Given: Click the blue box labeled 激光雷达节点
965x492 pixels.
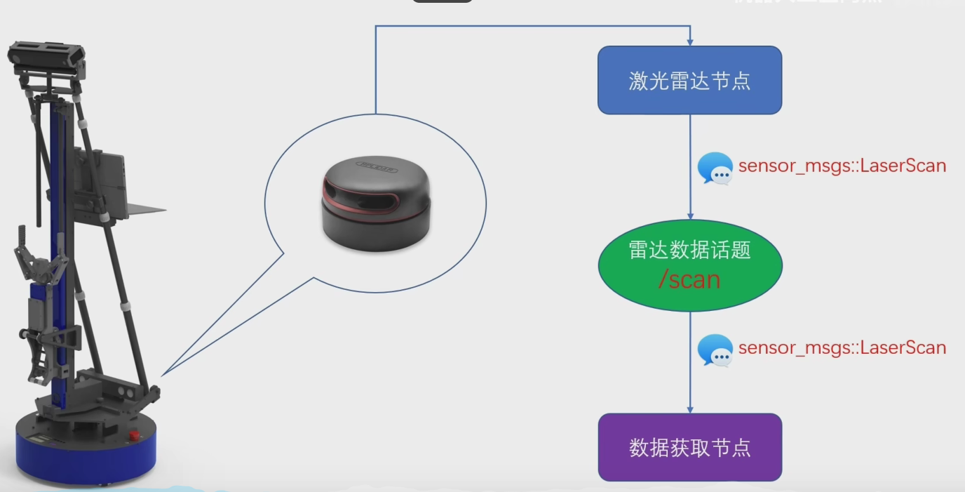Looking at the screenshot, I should click(x=689, y=80).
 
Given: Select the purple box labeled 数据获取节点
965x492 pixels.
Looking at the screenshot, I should click(x=689, y=447).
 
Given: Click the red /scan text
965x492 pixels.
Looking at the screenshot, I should click(x=689, y=279).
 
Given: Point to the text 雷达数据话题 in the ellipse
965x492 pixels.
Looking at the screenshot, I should click(x=689, y=250).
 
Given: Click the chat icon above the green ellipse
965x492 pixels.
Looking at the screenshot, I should click(x=715, y=168).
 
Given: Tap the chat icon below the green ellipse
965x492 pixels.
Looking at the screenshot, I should click(x=715, y=350).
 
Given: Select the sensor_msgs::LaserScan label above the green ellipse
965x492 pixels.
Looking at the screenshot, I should click(x=842, y=166).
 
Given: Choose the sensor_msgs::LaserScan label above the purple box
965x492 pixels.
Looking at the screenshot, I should click(x=842, y=347).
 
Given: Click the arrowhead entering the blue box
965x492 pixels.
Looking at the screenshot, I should click(x=690, y=41).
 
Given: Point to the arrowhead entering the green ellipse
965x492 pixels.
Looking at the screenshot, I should click(x=690, y=215).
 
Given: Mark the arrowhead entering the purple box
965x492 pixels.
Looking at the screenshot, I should click(x=690, y=408).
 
